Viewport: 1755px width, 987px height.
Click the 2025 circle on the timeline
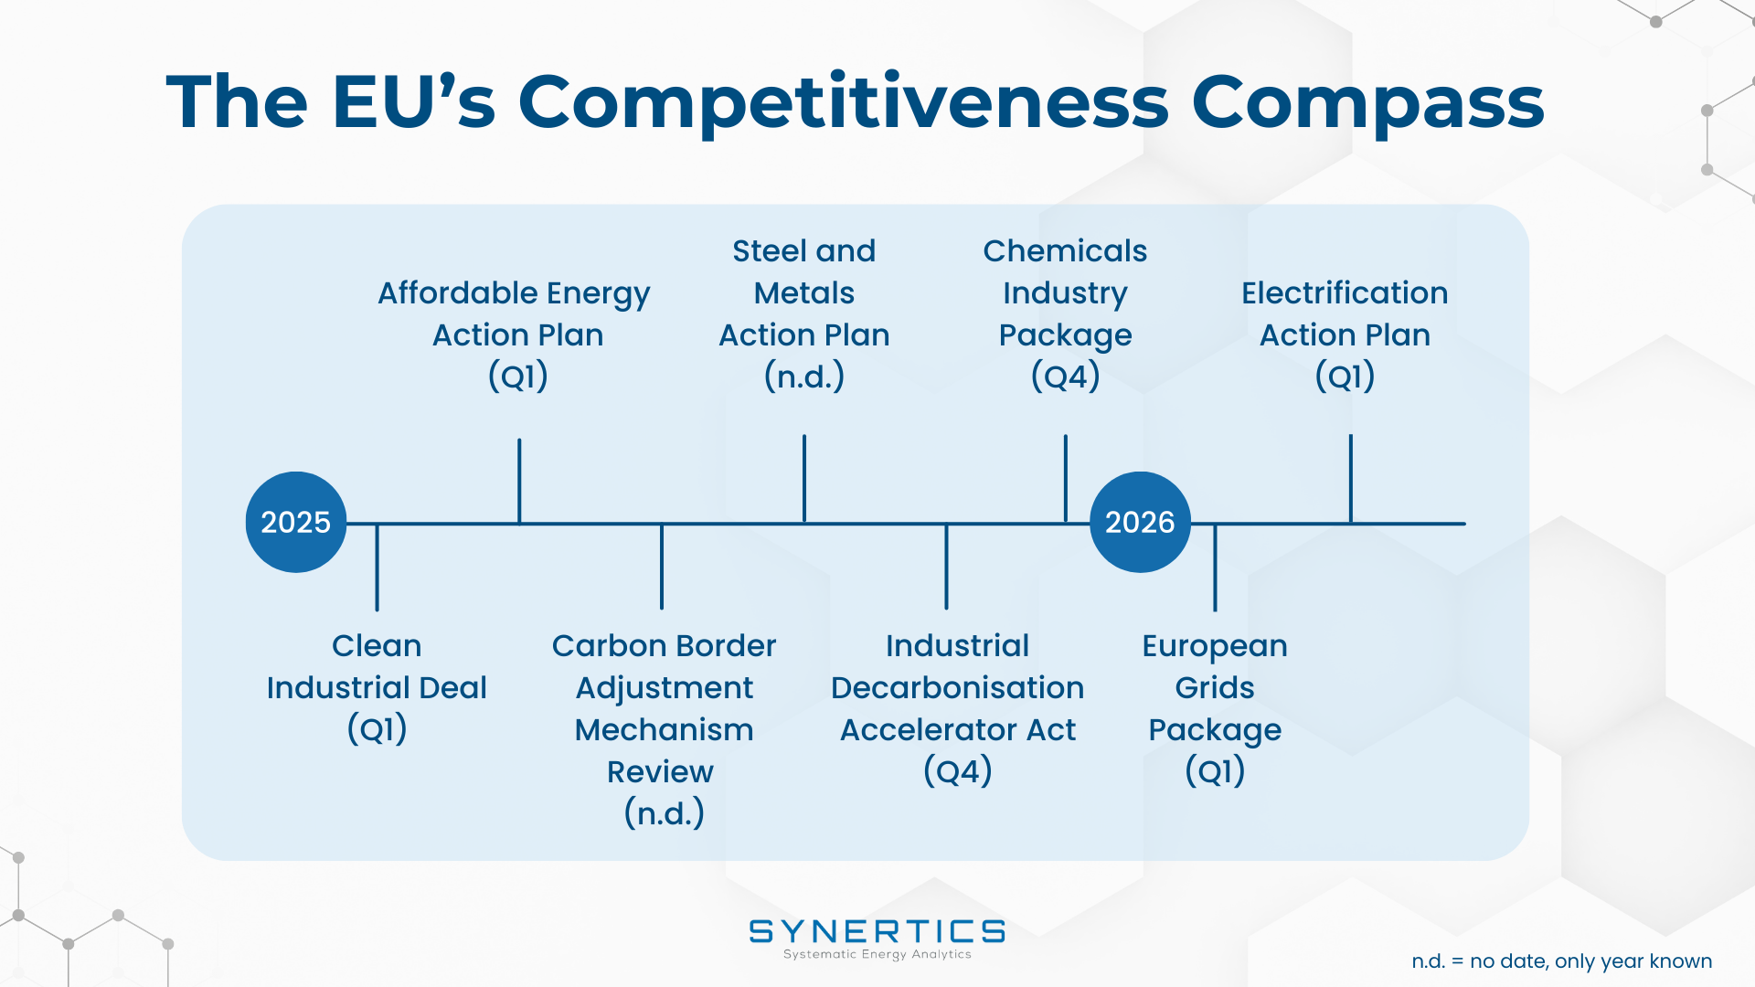pos(296,522)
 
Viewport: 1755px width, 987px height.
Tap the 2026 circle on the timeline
pos(1140,522)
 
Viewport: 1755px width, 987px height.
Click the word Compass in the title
pos(1367,102)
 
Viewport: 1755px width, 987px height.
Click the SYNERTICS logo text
pos(877,931)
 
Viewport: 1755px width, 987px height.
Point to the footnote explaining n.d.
pos(1561,961)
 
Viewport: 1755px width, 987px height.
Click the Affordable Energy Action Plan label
pos(517,334)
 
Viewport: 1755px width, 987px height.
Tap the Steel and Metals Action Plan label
pos(804,313)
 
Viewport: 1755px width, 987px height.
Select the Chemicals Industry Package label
pos(1065,313)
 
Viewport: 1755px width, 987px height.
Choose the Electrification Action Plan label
pos(1345,334)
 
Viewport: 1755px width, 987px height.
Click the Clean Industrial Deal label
pos(377,687)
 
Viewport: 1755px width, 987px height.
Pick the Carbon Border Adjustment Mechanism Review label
pos(664,729)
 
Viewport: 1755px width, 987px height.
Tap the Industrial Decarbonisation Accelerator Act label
pos(957,708)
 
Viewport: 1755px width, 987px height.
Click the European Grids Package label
pos(1215,708)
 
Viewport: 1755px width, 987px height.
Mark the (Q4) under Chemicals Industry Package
pos(1065,377)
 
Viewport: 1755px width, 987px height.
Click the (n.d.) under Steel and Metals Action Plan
pos(804,377)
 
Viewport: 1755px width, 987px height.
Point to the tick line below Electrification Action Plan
pos(1350,479)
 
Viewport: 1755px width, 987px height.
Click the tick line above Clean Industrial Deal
pos(377,568)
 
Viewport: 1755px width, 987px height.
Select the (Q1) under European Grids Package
pos(1215,771)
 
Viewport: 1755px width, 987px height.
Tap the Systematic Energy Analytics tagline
pos(877,954)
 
